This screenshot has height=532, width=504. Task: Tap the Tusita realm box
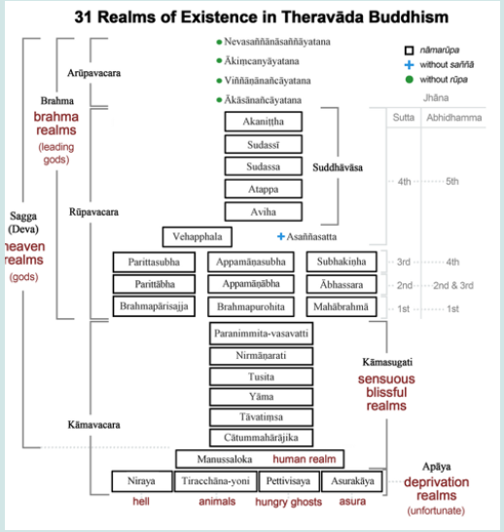point(261,376)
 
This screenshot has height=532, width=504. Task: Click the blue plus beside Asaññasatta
point(280,236)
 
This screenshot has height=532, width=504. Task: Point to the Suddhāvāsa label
point(365,168)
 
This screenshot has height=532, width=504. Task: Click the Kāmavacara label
point(94,425)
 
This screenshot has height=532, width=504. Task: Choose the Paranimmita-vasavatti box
point(261,334)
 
